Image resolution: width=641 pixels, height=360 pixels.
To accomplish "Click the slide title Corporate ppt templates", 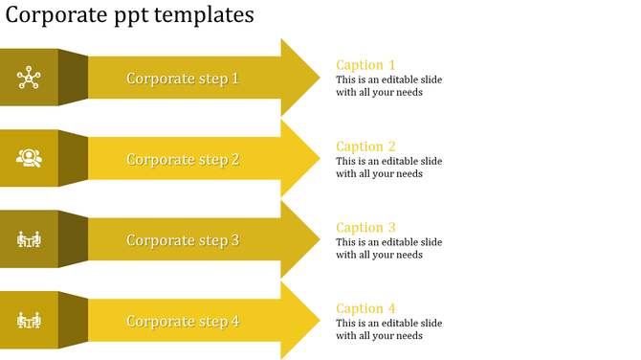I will [x=130, y=15].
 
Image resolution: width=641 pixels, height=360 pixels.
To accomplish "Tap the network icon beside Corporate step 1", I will [x=30, y=78].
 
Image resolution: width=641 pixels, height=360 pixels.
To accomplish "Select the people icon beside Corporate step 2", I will [x=30, y=158].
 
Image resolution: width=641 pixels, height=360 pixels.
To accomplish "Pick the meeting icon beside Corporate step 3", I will [x=30, y=238].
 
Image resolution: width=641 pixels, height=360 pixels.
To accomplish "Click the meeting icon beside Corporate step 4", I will [x=30, y=320].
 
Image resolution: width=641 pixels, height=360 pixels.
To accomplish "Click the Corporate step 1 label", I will [x=183, y=79].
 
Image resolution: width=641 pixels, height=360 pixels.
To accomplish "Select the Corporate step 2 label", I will [x=183, y=159].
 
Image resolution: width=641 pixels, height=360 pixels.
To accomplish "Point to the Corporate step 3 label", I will [x=183, y=240].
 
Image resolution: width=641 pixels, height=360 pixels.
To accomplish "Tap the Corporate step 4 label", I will [x=183, y=321].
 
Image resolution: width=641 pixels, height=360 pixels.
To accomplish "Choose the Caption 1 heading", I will [x=365, y=65].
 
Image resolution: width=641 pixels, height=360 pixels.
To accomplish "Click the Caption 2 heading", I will [x=365, y=146].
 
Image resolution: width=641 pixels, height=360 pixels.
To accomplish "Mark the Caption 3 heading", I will [x=365, y=227].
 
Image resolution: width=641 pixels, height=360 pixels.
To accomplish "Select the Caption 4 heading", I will [x=365, y=308].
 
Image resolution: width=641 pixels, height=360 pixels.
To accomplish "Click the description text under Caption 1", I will [x=388, y=86].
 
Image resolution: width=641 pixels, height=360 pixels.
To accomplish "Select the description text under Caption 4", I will [x=388, y=329].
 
